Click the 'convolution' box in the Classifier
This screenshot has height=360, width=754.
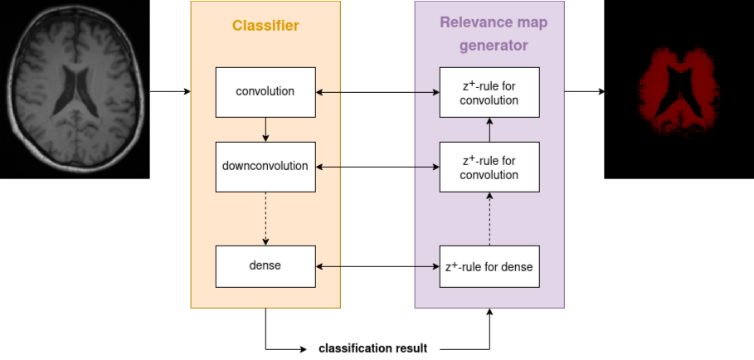(x=265, y=91)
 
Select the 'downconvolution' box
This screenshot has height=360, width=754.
(x=265, y=166)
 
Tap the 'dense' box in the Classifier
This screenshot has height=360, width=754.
(x=265, y=266)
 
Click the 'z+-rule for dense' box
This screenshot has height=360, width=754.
(x=489, y=266)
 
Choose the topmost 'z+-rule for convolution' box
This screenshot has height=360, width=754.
(x=489, y=91)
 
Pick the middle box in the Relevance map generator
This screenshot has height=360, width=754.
(x=489, y=166)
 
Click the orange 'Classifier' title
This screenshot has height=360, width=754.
(x=265, y=26)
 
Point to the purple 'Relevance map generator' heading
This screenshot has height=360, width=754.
(x=489, y=35)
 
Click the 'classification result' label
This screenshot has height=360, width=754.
(x=372, y=348)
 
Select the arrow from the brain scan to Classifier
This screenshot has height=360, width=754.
(x=170, y=91)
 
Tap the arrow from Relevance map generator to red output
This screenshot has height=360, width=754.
(x=585, y=91)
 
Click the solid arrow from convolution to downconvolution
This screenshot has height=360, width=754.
(x=265, y=129)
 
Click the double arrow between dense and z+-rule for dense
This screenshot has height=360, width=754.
(x=377, y=266)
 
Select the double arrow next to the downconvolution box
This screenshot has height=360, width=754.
(x=377, y=167)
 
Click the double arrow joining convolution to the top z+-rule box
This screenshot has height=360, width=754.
(x=377, y=91)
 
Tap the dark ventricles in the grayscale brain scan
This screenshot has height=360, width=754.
(x=75, y=91)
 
